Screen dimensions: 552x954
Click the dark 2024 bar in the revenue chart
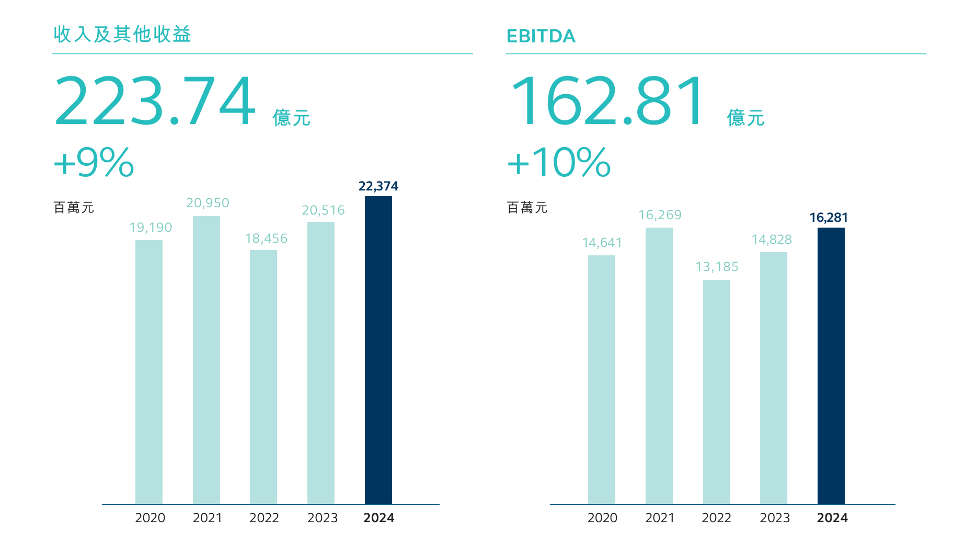378,350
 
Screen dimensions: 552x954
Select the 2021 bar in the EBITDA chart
659,366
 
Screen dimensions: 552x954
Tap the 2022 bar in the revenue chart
263,377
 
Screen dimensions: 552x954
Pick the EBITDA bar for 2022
717,392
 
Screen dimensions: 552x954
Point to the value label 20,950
208,203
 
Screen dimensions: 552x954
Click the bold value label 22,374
378,186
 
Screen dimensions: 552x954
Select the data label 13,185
717,267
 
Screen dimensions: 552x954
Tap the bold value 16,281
829,218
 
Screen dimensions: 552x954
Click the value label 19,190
151,228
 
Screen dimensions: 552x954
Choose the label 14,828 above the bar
772,240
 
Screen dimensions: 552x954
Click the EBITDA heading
541,36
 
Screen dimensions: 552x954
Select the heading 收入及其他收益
122,34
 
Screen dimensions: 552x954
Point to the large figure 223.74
155,101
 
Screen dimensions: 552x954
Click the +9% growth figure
94,162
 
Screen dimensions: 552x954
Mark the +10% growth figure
559,162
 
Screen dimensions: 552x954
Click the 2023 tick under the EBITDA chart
775,518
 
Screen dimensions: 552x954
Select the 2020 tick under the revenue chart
150,518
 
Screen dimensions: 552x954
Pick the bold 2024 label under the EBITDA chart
832,518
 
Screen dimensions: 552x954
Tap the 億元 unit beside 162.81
745,118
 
